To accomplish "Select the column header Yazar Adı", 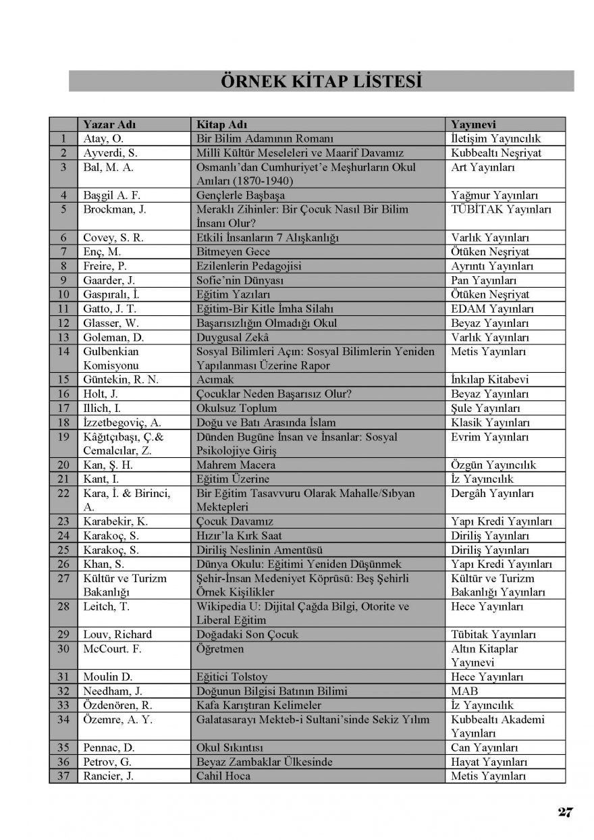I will tap(109, 124).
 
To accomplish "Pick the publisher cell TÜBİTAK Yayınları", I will tap(502, 209).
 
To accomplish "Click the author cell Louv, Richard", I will tap(117, 635).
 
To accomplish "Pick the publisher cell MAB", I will tap(464, 691).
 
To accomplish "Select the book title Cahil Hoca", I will tap(223, 776).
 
